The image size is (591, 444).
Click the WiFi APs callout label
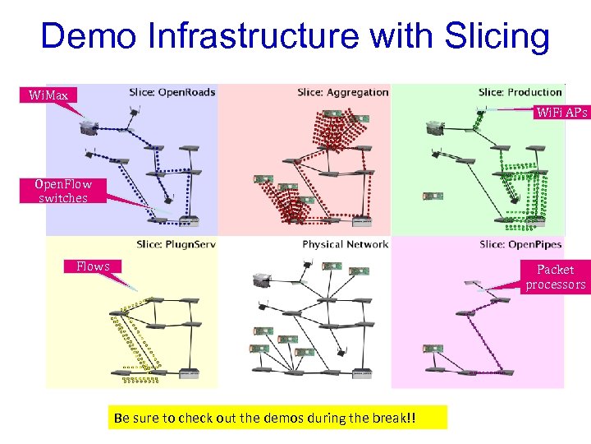click(x=561, y=113)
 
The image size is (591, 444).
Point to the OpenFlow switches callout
click(x=63, y=191)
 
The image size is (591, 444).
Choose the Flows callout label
click(x=93, y=266)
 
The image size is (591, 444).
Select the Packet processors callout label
click(x=556, y=276)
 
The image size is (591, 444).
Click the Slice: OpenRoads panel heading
click(x=172, y=92)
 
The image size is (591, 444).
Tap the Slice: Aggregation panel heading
click(x=343, y=92)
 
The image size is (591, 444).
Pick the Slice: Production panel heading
click(x=520, y=92)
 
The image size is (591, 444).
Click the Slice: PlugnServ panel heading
click(x=176, y=244)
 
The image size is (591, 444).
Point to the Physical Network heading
click(x=345, y=244)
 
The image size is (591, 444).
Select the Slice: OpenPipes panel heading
click(x=521, y=244)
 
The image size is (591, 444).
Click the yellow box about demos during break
click(x=277, y=417)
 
